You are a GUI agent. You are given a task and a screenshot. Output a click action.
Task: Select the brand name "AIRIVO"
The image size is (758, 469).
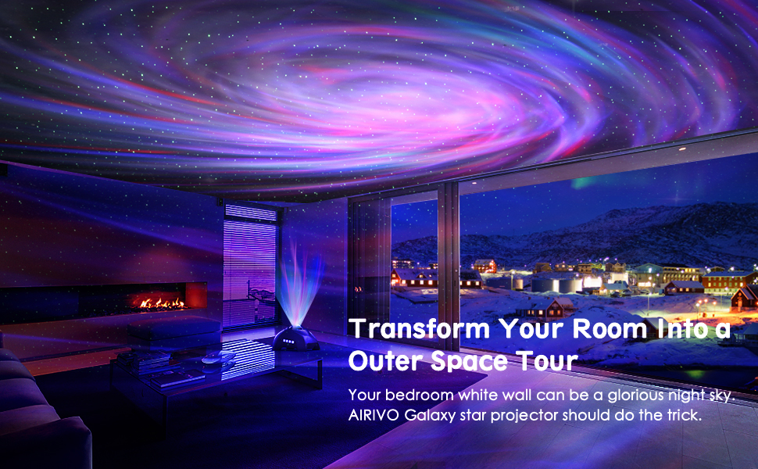pyautogui.click(x=374, y=414)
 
